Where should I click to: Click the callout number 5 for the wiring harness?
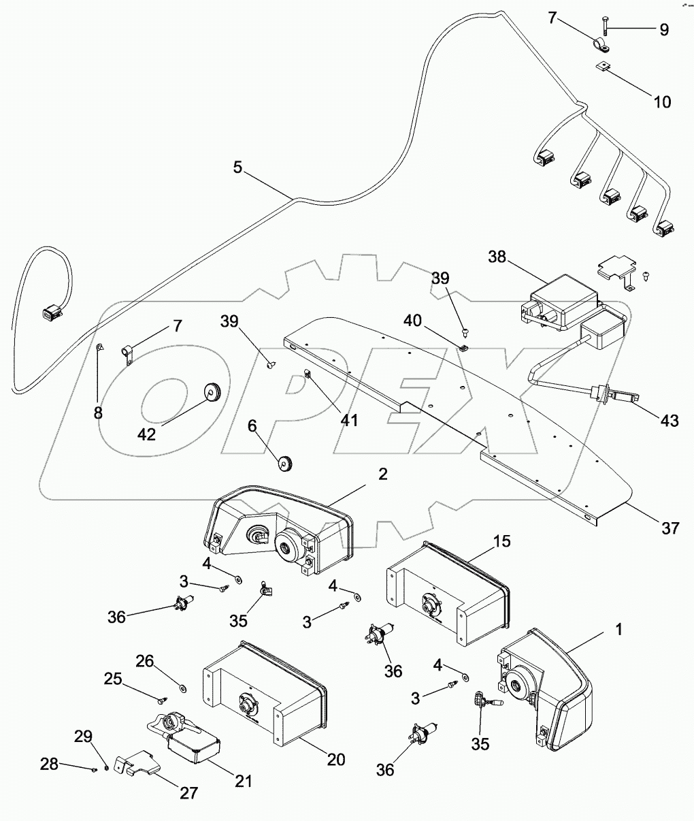(x=237, y=167)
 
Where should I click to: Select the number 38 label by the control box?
(x=498, y=257)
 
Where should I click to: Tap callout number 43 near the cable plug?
(x=669, y=420)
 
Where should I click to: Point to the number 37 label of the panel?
(x=670, y=527)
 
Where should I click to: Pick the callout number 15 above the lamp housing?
(x=502, y=541)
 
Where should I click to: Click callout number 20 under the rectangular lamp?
(x=335, y=758)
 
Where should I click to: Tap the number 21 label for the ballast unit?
(x=244, y=781)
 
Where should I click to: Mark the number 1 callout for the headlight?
(x=618, y=630)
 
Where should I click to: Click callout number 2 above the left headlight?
(x=382, y=474)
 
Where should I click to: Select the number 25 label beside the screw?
(x=113, y=678)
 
